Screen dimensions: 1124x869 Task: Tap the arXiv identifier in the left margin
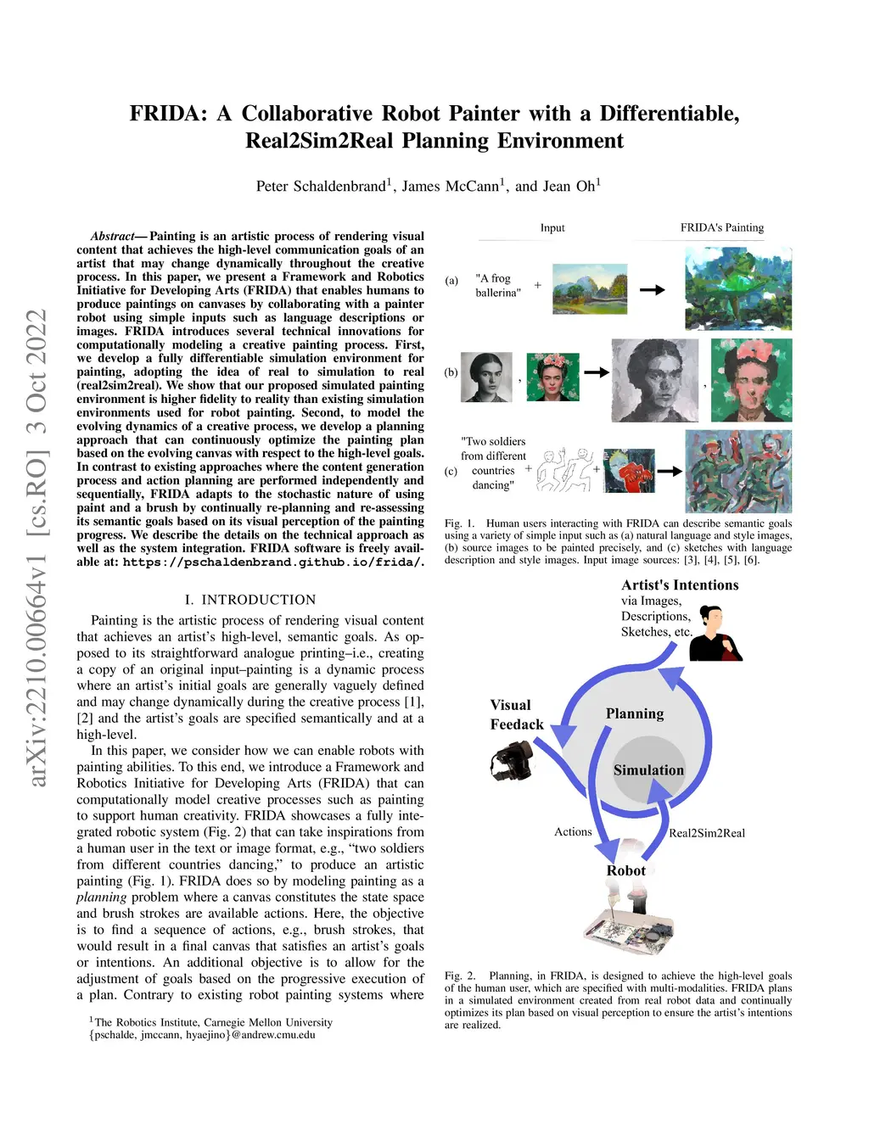tap(37, 547)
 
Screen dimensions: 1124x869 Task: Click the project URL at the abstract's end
tap(272, 562)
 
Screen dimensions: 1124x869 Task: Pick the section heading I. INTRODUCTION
tap(250, 600)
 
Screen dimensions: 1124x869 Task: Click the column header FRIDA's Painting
tap(721, 227)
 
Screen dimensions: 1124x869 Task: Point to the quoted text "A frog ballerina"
tap(497, 285)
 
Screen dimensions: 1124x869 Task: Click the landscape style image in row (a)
tap(590, 288)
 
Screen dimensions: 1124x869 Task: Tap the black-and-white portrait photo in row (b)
tap(486, 377)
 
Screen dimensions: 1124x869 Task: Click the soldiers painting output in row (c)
tap(737, 471)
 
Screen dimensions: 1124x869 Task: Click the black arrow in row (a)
tap(652, 290)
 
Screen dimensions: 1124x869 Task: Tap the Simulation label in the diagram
tap(648, 770)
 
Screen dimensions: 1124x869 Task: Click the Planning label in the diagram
tap(635, 713)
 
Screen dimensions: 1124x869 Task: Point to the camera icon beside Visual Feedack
tap(511, 759)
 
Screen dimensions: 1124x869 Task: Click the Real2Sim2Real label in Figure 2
tap(707, 833)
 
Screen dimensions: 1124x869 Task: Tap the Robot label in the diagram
tap(626, 870)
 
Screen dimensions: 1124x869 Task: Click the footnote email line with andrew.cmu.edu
tap(202, 1035)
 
